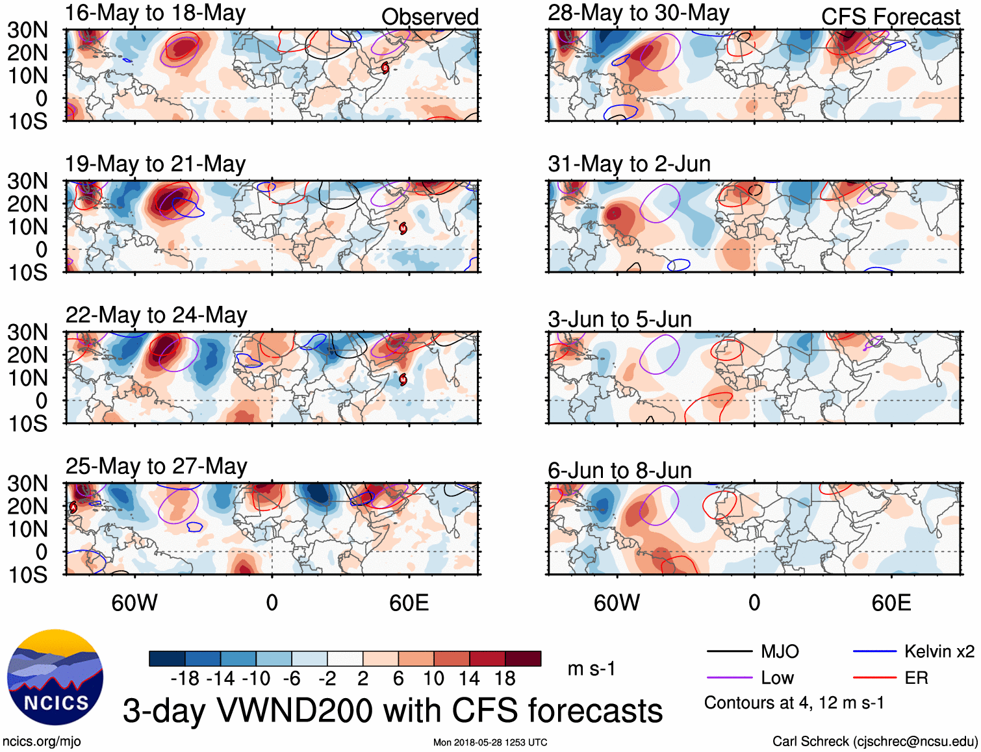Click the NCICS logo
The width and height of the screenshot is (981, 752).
pyautogui.click(x=55, y=677)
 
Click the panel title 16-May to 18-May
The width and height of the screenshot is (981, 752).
pyautogui.click(x=155, y=13)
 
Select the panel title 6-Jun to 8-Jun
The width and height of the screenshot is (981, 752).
pyautogui.click(x=619, y=470)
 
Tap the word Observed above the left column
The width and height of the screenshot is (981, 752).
pyautogui.click(x=429, y=17)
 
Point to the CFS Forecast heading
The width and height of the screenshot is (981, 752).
pyautogui.click(x=890, y=17)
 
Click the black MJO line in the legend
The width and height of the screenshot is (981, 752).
pyautogui.click(x=729, y=651)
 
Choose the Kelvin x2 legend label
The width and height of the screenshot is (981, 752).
pyautogui.click(x=939, y=651)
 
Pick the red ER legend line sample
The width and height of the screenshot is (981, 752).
pyautogui.click(x=874, y=678)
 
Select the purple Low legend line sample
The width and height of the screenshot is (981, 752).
pyautogui.click(x=729, y=678)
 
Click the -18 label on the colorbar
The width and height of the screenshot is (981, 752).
pyautogui.click(x=185, y=679)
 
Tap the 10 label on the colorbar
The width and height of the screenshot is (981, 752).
pyautogui.click(x=433, y=679)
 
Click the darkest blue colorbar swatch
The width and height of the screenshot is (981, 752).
pyautogui.click(x=167, y=658)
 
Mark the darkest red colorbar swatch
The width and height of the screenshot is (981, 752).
pyautogui.click(x=523, y=658)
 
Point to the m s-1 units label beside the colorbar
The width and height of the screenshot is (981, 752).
pyautogui.click(x=591, y=669)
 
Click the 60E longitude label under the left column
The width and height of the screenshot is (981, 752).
pyautogui.click(x=409, y=603)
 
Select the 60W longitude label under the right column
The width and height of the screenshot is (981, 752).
pyautogui.click(x=617, y=603)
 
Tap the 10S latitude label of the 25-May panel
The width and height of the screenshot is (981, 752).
pyautogui.click(x=28, y=575)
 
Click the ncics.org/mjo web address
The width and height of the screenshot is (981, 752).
pyautogui.click(x=42, y=742)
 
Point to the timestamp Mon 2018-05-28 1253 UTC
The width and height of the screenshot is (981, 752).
pyautogui.click(x=490, y=742)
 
